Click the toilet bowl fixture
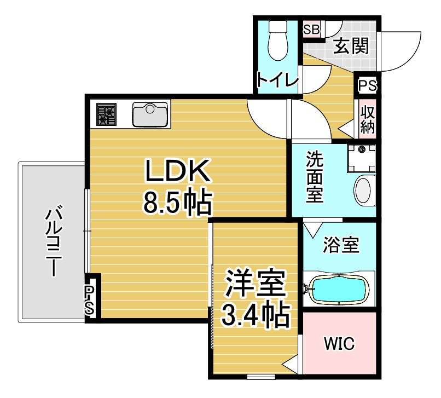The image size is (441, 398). [x=278, y=41]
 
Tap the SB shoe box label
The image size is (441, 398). [x=311, y=30]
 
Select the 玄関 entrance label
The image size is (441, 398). [x=351, y=46]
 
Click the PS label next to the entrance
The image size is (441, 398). [x=367, y=85]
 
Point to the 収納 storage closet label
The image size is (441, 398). [x=368, y=119]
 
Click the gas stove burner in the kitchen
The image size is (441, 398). [x=106, y=114]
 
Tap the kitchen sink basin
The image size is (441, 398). [x=150, y=114]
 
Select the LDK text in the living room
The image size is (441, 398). [x=178, y=171]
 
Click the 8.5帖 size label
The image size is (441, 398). [x=177, y=202]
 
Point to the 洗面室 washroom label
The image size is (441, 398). [x=315, y=177]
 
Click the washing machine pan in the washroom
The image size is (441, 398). [x=362, y=158]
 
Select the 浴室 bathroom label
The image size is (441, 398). [x=341, y=245]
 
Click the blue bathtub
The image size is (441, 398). [x=339, y=290]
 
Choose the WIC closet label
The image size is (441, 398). [x=339, y=343]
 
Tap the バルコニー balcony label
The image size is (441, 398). [x=54, y=241]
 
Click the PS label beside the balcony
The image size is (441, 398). [x=89, y=300]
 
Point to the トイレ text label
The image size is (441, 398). [x=277, y=80]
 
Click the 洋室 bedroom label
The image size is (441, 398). [x=255, y=284]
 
